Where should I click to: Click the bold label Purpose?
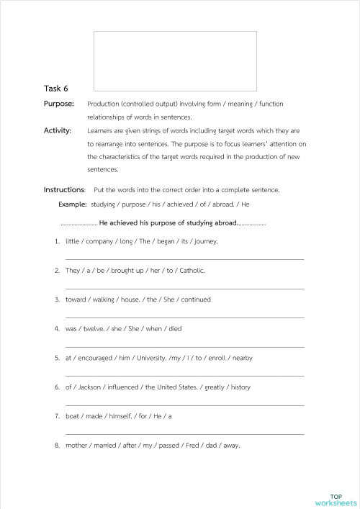[59, 104]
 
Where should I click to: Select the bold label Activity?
[58, 130]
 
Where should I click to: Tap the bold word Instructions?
[64, 189]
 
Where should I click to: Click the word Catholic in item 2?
[191, 271]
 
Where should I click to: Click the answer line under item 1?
[184, 259]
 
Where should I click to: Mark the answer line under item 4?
[184, 346]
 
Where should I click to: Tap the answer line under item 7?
[184, 433]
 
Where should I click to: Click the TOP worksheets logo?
[336, 499]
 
